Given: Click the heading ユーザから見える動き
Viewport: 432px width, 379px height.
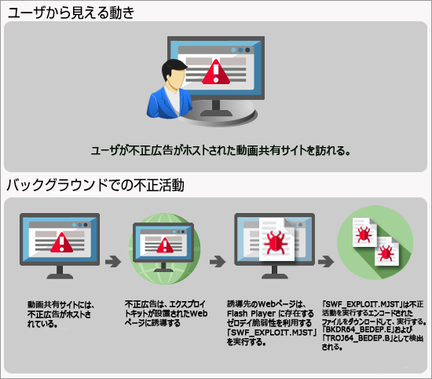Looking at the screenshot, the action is point(71,13).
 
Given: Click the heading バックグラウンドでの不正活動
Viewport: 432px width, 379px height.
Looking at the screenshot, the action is point(95,185).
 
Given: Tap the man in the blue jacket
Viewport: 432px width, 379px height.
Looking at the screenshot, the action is point(170,89).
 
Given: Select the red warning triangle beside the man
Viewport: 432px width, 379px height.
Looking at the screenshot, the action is point(216,72).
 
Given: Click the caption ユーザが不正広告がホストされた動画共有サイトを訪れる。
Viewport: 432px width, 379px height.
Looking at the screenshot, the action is point(221,151).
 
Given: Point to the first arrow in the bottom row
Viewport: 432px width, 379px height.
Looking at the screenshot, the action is point(113,261).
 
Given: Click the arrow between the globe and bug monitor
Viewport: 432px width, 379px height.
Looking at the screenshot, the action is point(218,261).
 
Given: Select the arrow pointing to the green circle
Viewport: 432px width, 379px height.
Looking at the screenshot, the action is point(326,261).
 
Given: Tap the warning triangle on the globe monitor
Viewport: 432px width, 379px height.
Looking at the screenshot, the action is point(165,245).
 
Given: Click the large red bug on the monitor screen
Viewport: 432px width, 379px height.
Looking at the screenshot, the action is point(275,242).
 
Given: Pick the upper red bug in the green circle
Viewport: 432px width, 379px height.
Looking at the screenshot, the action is point(364,234).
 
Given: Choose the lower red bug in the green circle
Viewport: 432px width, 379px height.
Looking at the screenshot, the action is point(385,253).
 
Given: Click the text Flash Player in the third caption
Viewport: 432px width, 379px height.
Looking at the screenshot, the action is point(251,314).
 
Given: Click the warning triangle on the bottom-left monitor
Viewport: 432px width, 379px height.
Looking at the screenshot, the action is point(62,242).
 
